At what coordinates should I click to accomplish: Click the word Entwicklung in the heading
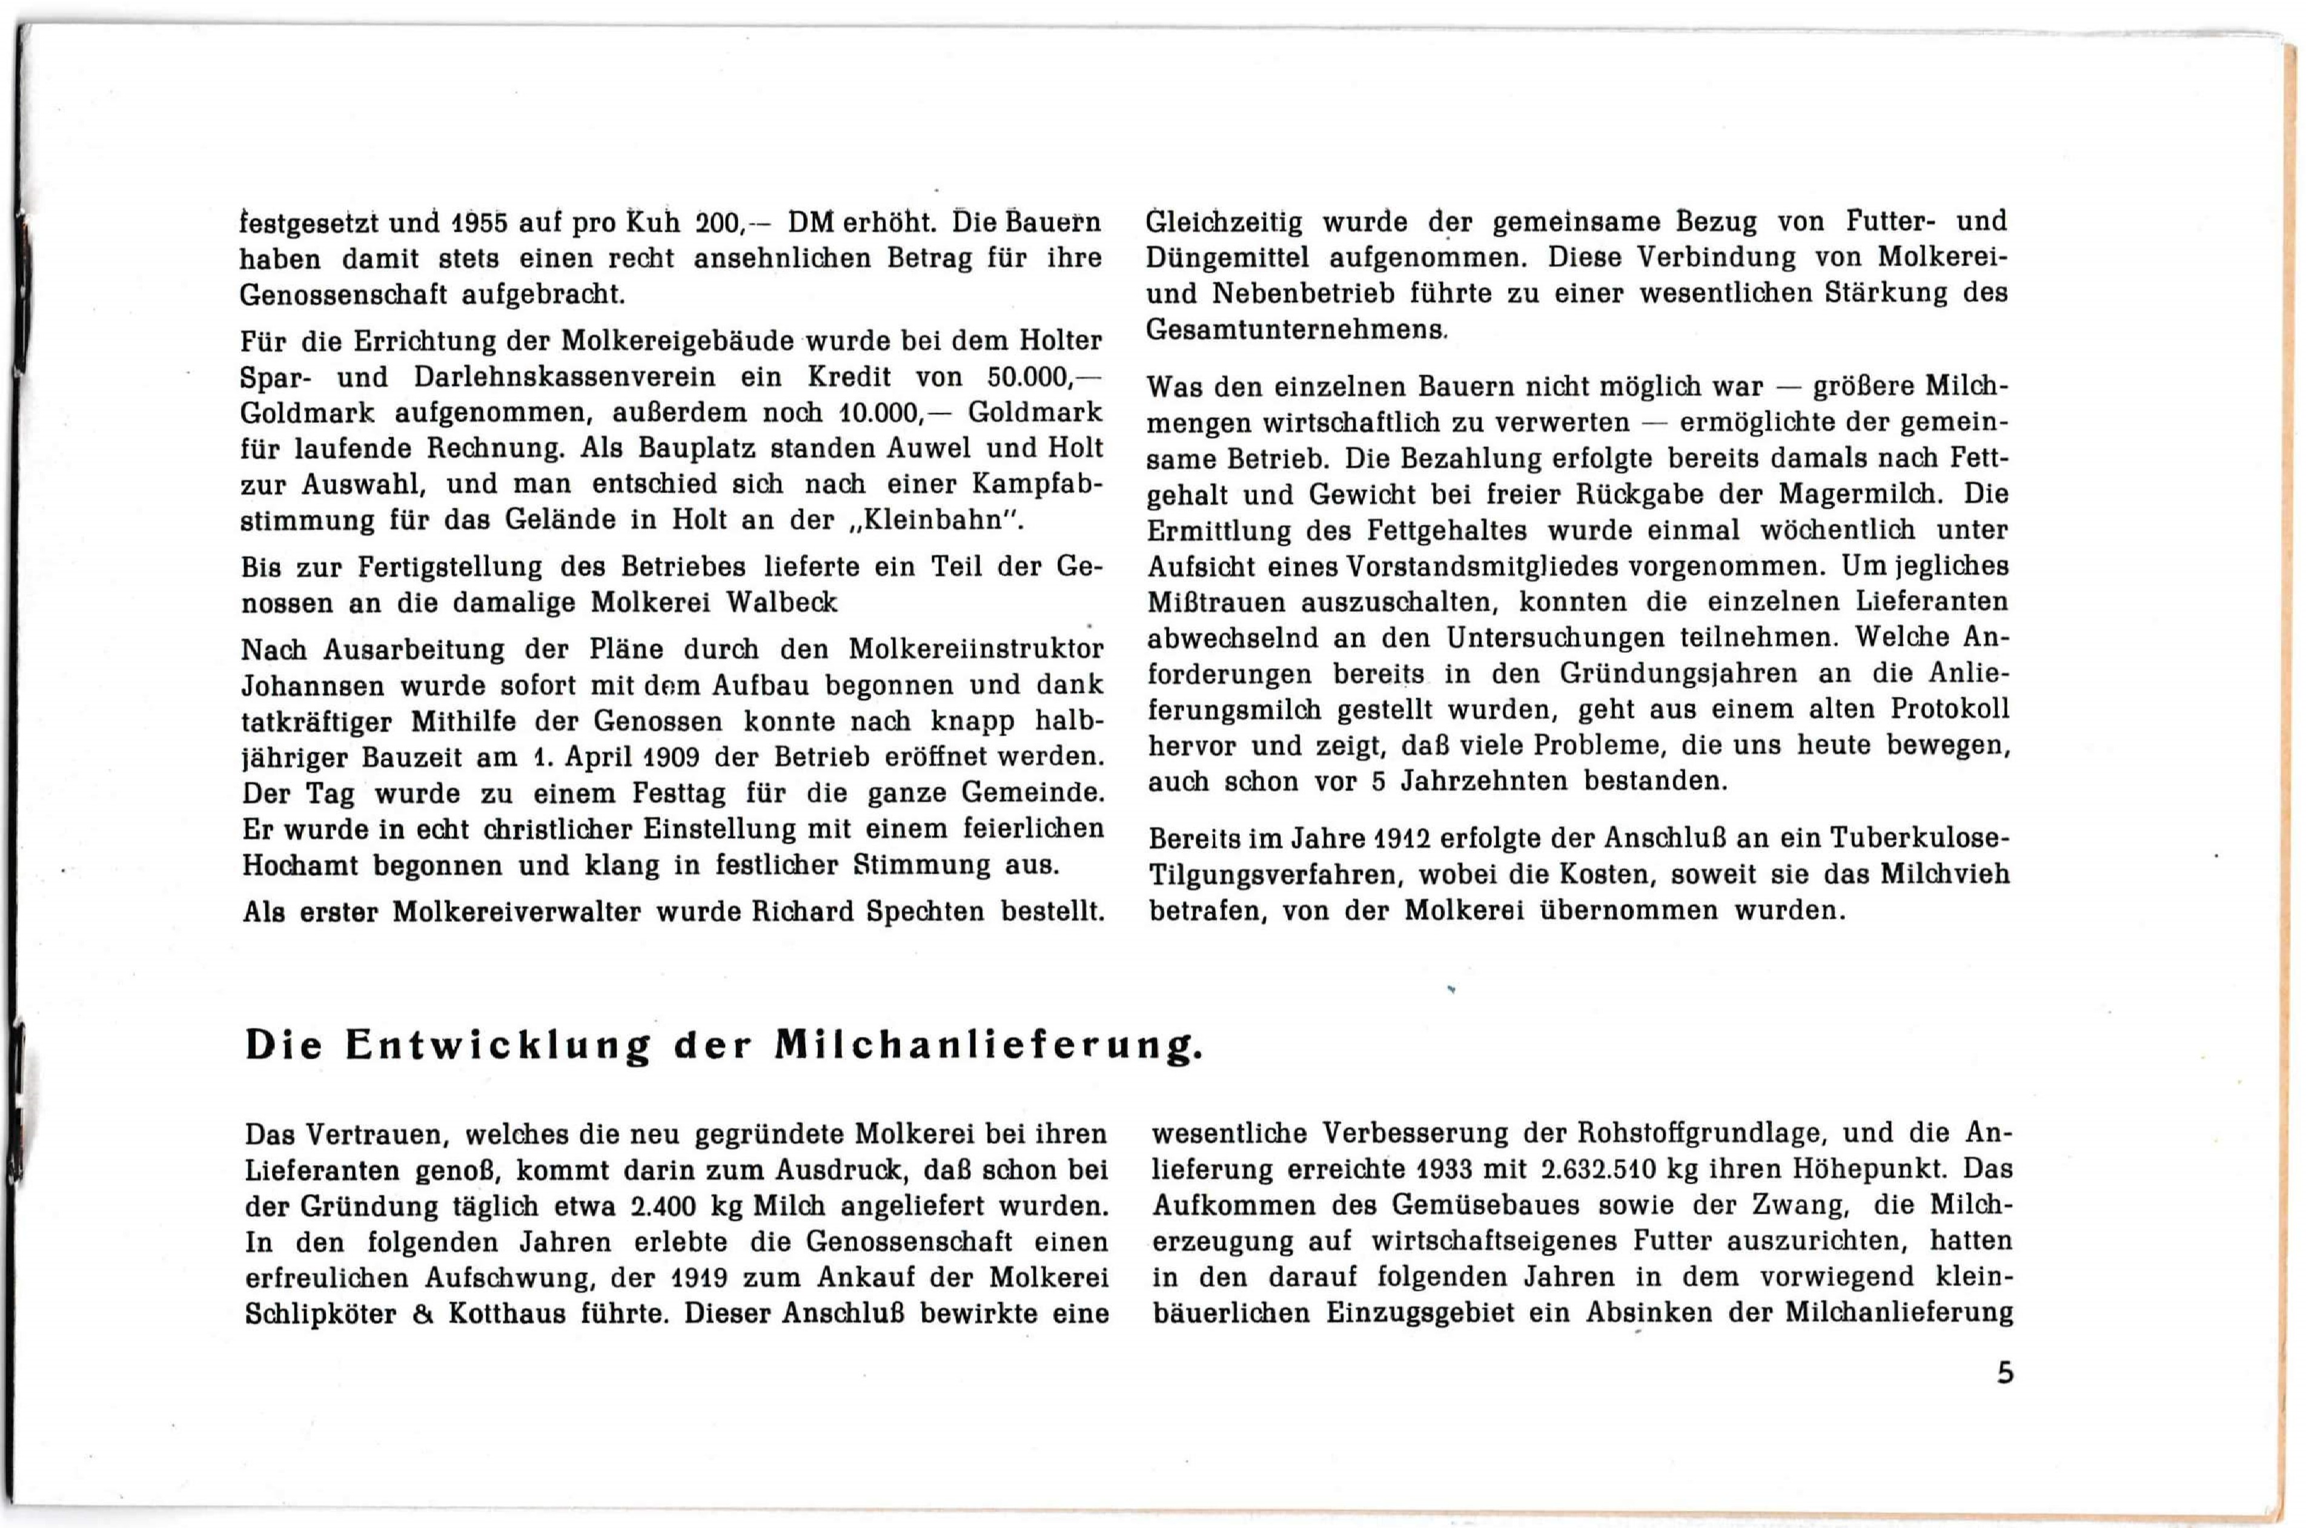click(x=497, y=1046)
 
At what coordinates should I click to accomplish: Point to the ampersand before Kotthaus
click(x=422, y=1315)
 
